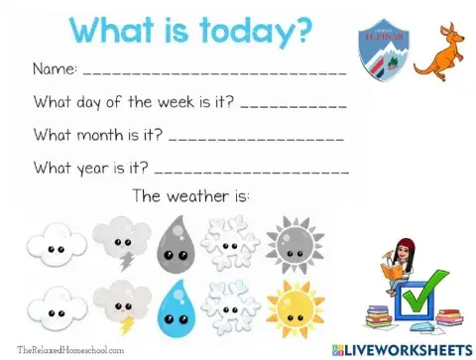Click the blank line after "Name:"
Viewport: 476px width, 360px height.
pyautogui.click(x=214, y=72)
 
